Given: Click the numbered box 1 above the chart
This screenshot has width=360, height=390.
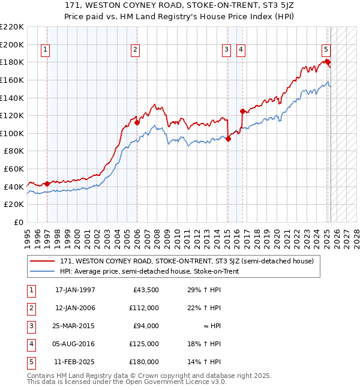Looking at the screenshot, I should click(46, 50).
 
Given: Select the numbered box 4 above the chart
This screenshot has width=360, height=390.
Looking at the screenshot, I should click(241, 50).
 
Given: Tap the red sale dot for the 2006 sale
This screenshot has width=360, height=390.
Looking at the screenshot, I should click(137, 122).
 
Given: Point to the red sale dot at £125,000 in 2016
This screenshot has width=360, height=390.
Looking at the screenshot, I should click(242, 111).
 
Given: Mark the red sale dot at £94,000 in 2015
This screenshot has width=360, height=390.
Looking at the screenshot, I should click(229, 139).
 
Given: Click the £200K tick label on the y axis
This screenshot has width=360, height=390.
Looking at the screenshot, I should click(12, 44).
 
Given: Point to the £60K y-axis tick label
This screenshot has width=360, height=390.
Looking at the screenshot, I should click(14, 169).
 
